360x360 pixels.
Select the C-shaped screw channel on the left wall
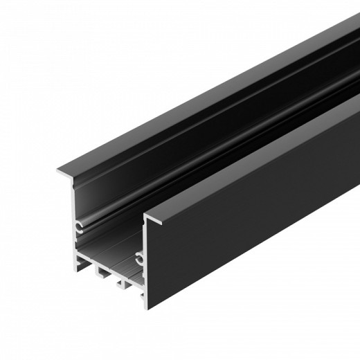point(80,224)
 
